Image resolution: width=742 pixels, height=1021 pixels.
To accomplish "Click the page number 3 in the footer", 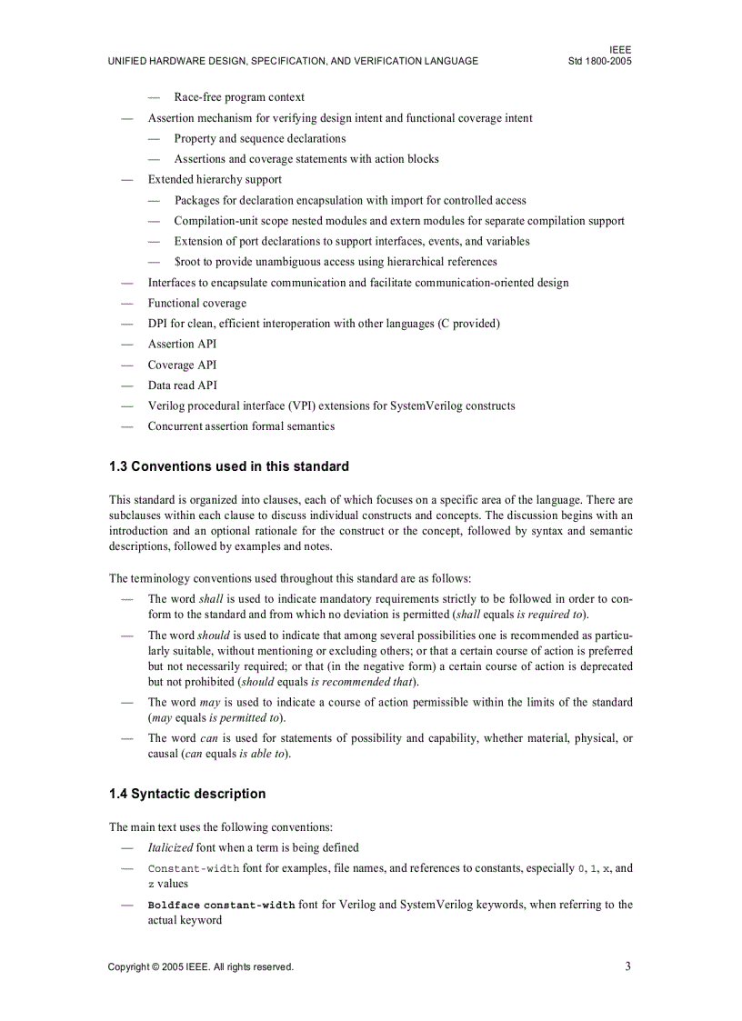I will [627, 966].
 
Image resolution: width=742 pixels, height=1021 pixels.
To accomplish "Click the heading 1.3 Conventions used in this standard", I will [228, 466].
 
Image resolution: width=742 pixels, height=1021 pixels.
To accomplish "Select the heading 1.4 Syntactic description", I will [187, 794].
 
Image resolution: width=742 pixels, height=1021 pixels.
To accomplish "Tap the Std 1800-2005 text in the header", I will [599, 61].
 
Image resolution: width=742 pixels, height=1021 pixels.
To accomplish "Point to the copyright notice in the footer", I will [200, 967].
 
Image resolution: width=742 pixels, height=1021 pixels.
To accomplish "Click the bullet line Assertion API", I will [182, 344].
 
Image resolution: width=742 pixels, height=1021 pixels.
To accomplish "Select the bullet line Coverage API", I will [182, 365].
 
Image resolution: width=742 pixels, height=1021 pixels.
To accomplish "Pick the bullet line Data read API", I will [182, 385].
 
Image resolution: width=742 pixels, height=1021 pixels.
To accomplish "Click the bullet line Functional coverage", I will [196, 303].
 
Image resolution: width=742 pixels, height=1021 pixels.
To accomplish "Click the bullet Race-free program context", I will [239, 97].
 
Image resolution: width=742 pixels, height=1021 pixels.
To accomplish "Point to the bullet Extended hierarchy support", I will [215, 179].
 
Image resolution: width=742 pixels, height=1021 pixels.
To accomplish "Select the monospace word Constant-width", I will [193, 868].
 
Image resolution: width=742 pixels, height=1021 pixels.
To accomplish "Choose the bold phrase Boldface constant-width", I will [221, 906].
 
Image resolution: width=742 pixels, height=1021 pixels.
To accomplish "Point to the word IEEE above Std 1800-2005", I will [620, 49].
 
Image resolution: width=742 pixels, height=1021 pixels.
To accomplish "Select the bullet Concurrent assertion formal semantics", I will [241, 425].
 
